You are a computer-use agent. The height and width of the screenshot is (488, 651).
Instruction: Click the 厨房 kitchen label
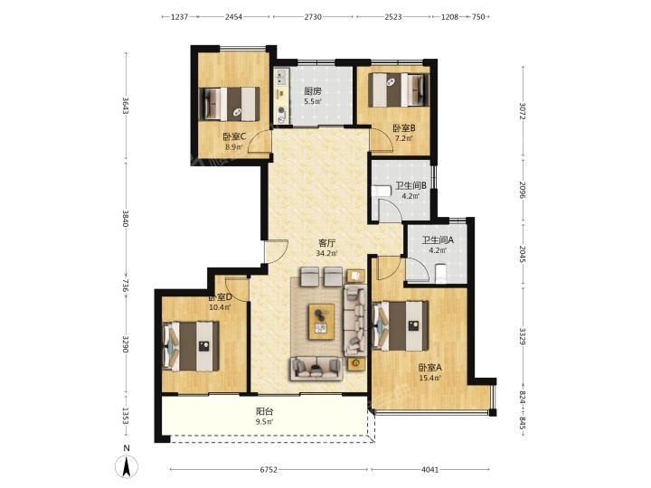(313, 91)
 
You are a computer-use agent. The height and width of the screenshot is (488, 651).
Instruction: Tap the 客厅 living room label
(326, 243)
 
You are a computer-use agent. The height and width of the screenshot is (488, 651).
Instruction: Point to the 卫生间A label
(438, 239)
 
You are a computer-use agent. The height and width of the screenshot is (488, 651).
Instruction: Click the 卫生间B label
(411, 186)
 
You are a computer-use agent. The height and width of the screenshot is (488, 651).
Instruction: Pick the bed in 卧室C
(229, 104)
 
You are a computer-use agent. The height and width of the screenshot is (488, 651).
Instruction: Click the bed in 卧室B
(399, 90)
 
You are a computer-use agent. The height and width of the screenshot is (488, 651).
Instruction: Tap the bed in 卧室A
(401, 325)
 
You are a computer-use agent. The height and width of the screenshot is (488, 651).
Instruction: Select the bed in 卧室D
(192, 346)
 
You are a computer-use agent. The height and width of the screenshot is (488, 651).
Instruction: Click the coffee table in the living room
(322, 322)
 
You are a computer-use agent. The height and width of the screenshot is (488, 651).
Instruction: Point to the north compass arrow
(127, 465)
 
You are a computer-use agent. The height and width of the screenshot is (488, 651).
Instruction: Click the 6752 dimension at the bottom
(269, 470)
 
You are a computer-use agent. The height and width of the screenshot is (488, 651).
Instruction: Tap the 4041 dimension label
(429, 470)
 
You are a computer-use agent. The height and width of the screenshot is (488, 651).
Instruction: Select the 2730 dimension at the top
(313, 17)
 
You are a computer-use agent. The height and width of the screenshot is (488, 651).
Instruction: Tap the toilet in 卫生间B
(382, 191)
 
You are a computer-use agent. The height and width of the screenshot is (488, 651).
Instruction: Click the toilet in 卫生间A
(440, 274)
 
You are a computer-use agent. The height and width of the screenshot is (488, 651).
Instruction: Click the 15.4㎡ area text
(430, 378)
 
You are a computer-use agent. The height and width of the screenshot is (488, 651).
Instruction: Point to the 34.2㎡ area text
(326, 253)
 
